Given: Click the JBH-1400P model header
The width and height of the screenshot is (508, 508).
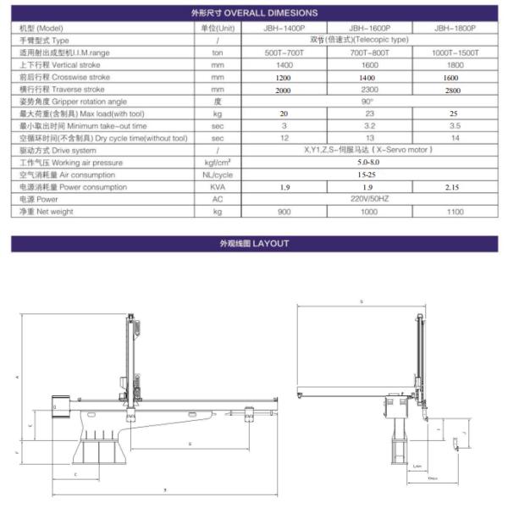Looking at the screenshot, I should coord(284,28).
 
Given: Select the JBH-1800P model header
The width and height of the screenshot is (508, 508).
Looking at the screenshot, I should coord(455,28).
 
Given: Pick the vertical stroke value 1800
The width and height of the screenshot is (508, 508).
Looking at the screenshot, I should coord(455,64).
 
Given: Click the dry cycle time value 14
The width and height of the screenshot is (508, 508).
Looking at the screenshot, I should coord(455,138).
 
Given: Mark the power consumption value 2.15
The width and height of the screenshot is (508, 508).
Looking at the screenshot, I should coord(455,187).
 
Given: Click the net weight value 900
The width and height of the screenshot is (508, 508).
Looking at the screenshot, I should coord(284,212).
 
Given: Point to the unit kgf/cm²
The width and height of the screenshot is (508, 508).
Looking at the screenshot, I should coord(218,162).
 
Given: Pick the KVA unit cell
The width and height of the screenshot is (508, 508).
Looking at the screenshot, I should coord(218,187).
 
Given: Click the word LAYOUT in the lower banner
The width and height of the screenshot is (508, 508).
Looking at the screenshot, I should coord(273,244).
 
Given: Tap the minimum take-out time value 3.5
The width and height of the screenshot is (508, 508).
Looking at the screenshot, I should coord(455,125).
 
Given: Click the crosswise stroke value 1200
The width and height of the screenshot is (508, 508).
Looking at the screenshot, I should coord(284,77).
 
